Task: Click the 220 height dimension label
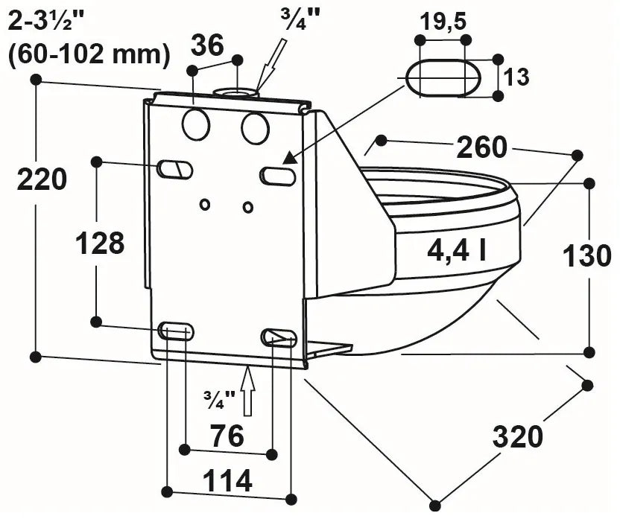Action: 42,179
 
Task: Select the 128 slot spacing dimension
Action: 101,243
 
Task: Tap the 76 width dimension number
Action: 227,436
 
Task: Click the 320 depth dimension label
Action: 518,437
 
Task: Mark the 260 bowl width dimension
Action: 481,147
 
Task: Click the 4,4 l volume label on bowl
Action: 457,252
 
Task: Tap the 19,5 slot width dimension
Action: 443,22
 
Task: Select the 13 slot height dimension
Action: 518,76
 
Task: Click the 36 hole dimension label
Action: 207,45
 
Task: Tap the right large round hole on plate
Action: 254,128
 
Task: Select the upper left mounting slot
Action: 174,170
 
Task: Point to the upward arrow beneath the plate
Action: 248,390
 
